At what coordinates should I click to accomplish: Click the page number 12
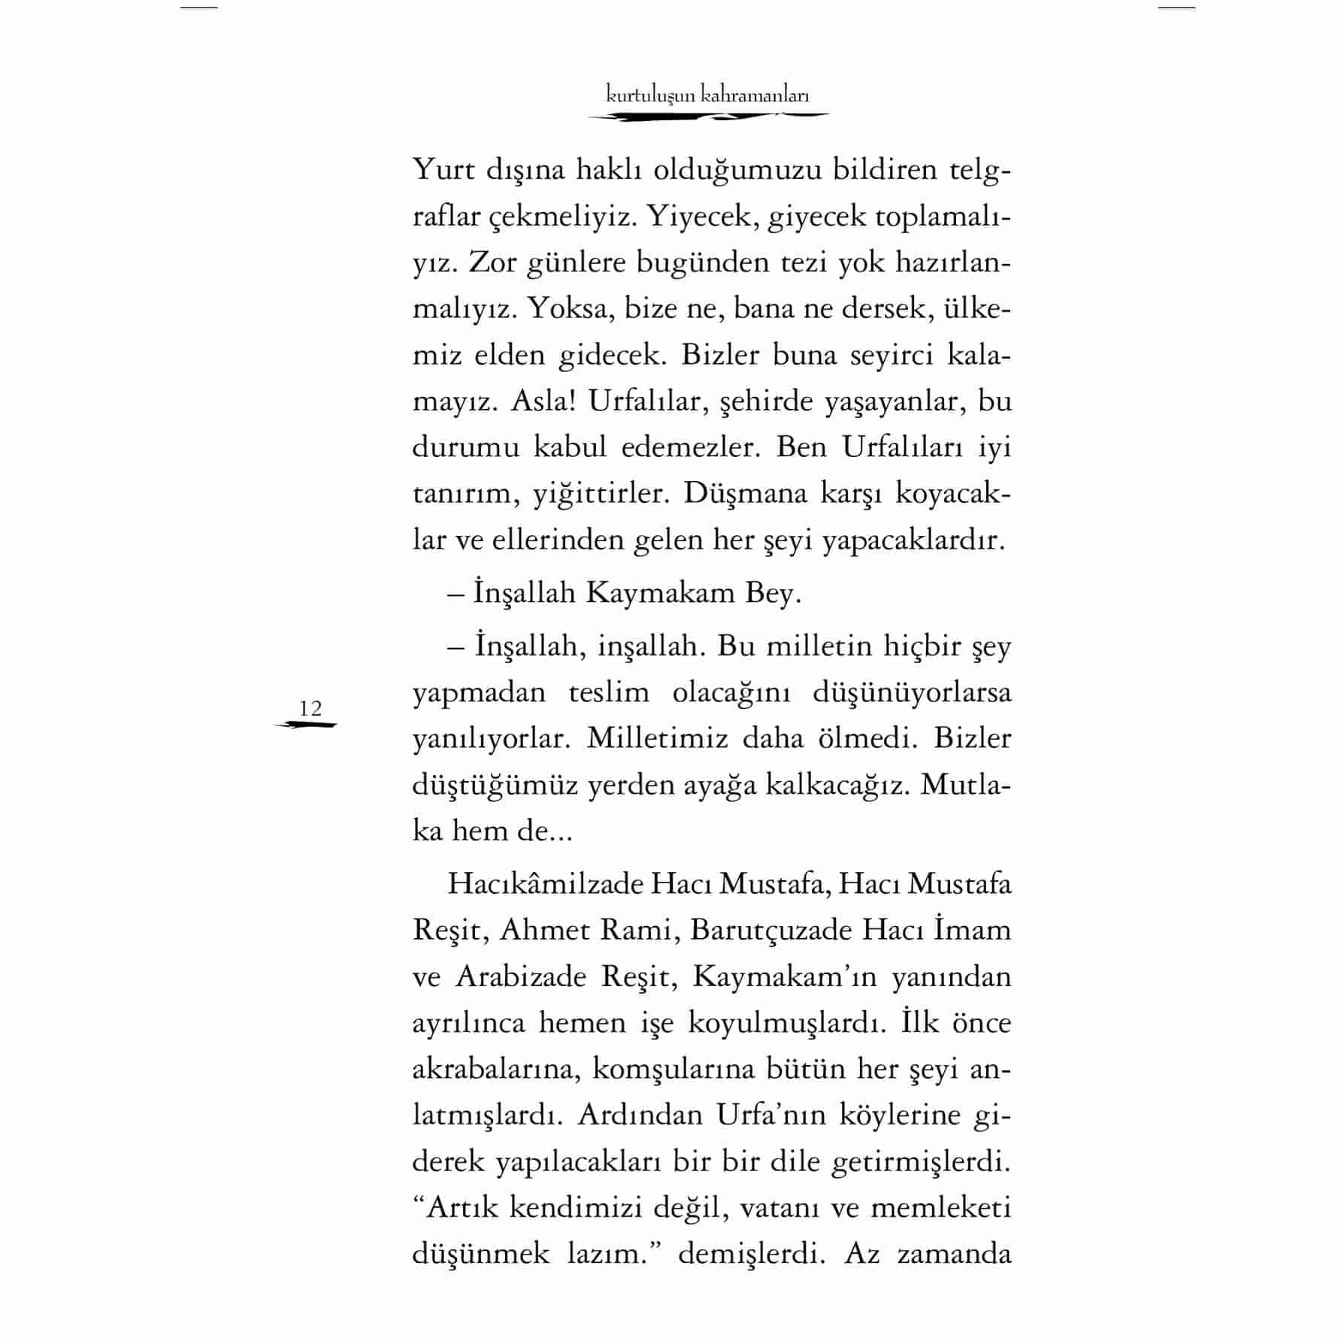(x=310, y=708)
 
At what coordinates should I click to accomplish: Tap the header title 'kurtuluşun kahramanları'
(x=707, y=95)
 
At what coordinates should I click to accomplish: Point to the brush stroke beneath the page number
(x=306, y=725)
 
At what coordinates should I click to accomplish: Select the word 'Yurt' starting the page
(x=444, y=170)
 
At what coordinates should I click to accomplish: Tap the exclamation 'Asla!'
(x=543, y=401)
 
